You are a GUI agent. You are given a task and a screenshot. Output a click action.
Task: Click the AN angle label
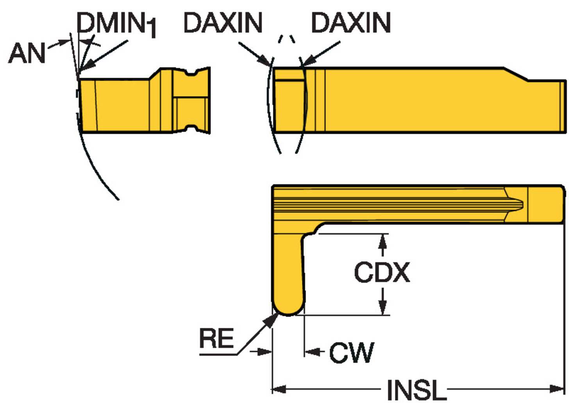tap(27, 53)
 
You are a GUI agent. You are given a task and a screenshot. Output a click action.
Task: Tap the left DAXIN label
tap(223, 23)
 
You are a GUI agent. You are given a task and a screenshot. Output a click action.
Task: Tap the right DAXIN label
tap(350, 23)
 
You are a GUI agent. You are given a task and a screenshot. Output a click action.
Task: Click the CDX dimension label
tap(382, 272)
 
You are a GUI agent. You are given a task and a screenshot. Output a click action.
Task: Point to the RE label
tap(216, 338)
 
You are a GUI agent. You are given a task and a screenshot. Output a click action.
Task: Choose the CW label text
tap(351, 352)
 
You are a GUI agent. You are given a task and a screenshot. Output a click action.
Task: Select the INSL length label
tap(416, 390)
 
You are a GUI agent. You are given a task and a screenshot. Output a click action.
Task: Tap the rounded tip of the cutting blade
tap(288, 310)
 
